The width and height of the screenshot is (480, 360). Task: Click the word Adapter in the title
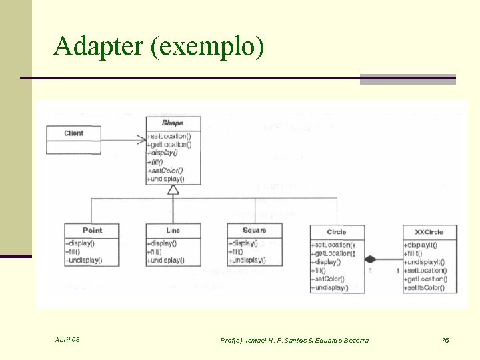[x=99, y=47]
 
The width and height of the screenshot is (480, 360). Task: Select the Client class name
[x=74, y=133]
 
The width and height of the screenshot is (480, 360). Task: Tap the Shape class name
[x=173, y=123]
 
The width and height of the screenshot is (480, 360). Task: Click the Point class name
[x=92, y=231]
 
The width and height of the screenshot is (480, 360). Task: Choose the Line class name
[x=173, y=231]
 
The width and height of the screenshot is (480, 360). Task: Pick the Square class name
[x=254, y=231]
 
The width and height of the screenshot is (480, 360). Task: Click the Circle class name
[x=337, y=232]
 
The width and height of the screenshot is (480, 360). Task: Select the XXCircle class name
[x=429, y=232]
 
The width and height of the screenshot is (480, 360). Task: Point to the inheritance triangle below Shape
[x=173, y=190]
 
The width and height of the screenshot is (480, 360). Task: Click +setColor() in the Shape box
[x=165, y=170]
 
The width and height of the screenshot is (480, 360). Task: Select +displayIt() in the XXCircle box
[x=424, y=245]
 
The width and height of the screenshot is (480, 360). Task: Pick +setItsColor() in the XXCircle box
[x=426, y=288]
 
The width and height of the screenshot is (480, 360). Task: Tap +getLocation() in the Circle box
[x=333, y=253]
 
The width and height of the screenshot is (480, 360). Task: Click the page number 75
[x=445, y=341]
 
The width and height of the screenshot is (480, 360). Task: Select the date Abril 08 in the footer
[x=67, y=341]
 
